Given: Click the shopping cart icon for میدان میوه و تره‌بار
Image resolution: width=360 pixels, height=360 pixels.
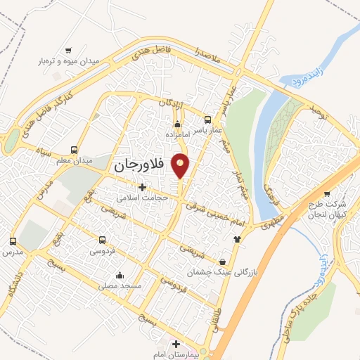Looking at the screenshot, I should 69,50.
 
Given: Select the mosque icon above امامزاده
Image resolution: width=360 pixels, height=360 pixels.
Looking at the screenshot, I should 176,124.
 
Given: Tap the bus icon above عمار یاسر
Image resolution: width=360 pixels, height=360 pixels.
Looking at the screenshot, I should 207,120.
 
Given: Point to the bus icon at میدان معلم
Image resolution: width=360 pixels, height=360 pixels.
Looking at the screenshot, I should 75,150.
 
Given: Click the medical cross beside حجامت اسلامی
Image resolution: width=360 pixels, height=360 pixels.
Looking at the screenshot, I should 143,187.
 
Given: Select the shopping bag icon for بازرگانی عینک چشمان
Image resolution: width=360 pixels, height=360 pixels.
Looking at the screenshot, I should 223,260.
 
